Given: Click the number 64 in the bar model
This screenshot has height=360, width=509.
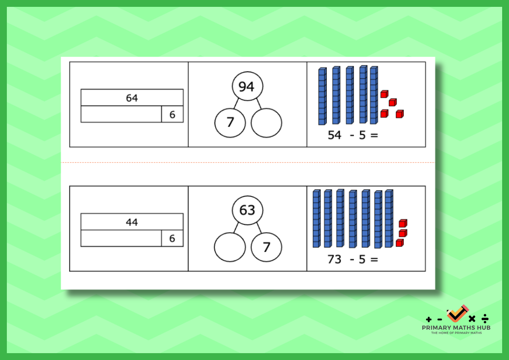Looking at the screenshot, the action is click(132, 98).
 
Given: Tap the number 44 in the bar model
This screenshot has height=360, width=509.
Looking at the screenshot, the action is click(132, 222).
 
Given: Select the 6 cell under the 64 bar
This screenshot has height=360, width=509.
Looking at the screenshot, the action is click(172, 114).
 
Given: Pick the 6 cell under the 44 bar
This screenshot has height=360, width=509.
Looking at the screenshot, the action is click(172, 238).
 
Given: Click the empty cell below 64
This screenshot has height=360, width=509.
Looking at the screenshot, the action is click(121, 114).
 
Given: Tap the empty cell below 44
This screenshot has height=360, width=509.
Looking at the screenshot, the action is click(121, 238).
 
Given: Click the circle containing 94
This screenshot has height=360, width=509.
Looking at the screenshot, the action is click(247, 86).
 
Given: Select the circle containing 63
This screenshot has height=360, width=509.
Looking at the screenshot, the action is click(247, 210).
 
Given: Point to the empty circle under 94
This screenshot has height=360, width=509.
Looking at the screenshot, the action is click(266, 123).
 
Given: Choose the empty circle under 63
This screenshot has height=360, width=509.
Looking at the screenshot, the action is click(230, 247).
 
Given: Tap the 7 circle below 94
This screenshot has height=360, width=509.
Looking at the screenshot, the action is click(230, 123).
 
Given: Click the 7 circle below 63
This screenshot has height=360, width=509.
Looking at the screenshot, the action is click(266, 247).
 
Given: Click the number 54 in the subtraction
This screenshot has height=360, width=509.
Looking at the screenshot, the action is click(334, 135).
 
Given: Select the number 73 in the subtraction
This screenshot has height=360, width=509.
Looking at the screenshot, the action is click(334, 259).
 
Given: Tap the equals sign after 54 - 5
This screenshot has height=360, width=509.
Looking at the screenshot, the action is click(374, 136).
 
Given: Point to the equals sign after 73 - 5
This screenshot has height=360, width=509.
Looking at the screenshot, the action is click(374, 259).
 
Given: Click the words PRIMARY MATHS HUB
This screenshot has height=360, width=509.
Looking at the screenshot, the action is click(456, 327).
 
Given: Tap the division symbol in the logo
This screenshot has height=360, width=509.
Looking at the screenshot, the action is click(485, 318).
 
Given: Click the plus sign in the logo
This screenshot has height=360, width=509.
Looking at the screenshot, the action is click(429, 320).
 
